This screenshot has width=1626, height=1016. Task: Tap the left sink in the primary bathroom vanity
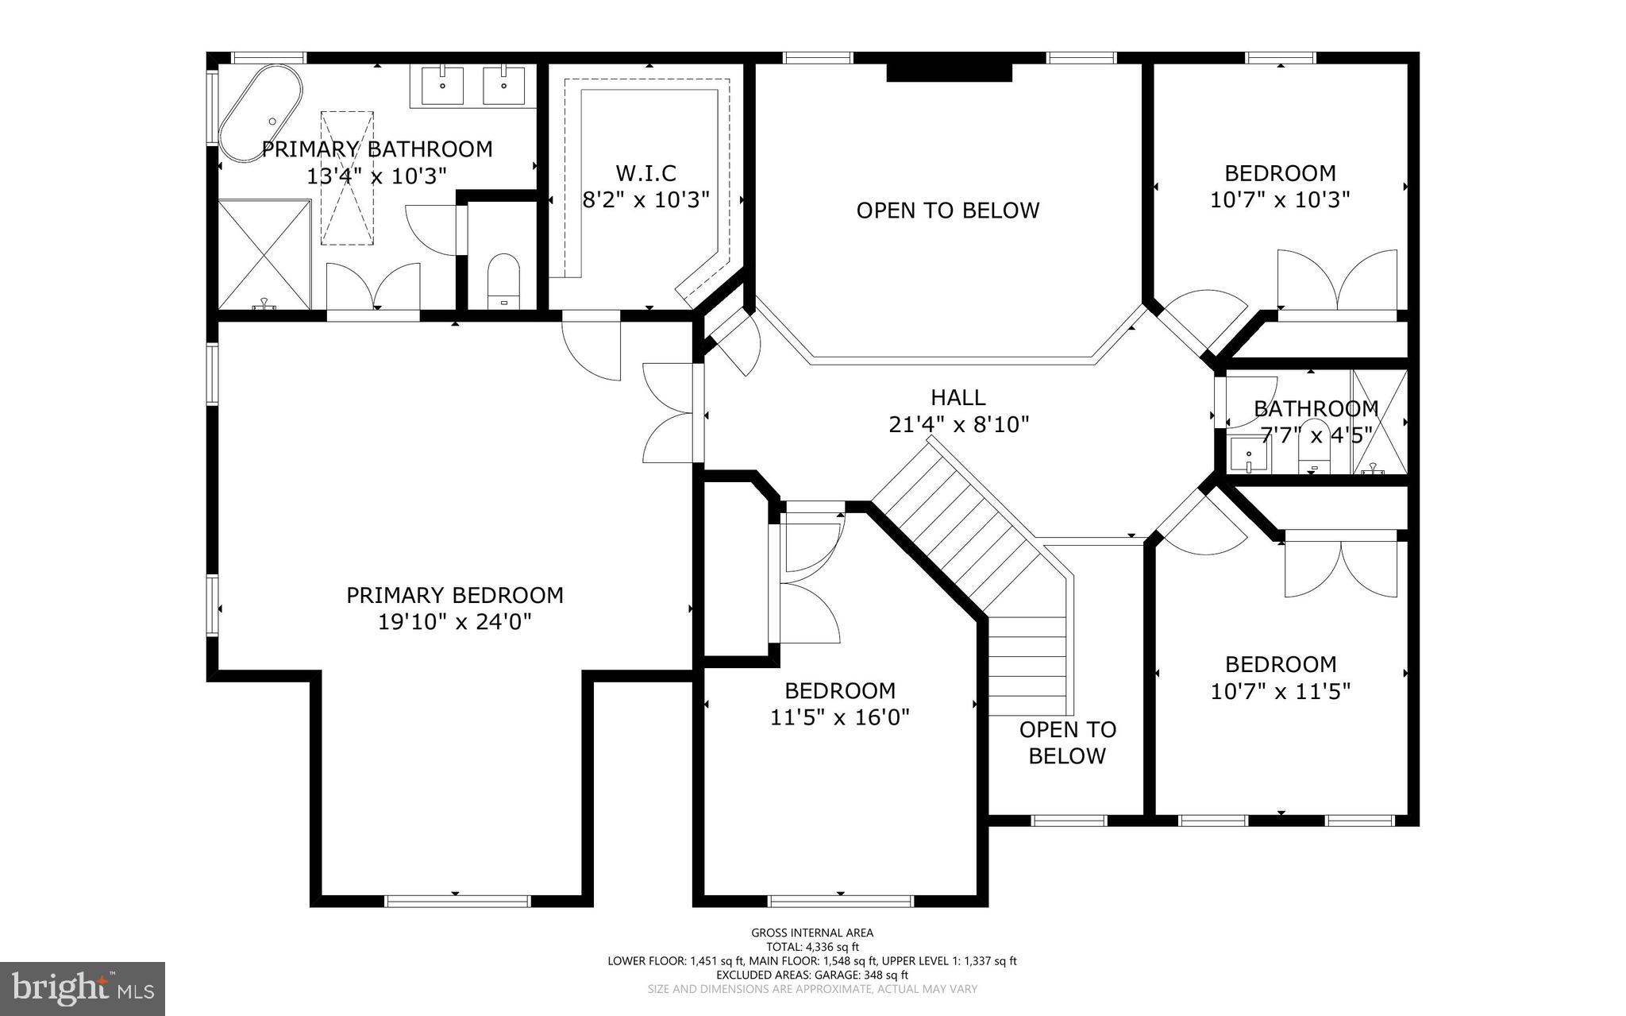pos(442,85)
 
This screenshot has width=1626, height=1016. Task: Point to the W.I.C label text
pos(645,172)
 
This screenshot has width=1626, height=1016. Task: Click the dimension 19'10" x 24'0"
pos(454,621)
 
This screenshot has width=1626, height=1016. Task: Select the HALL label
pos(958,397)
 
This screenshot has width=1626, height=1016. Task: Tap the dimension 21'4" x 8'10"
pos(958,425)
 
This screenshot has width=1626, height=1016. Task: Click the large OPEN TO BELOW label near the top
pos(947,211)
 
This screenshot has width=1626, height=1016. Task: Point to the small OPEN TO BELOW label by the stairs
pos(1067,742)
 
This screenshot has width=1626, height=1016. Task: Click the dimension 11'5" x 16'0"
pos(839,717)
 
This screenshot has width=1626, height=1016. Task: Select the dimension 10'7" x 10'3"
pos(1280,199)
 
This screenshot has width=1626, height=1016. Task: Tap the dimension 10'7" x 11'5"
pos(1280,691)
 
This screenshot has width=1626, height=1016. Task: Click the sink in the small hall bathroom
pos(1249,456)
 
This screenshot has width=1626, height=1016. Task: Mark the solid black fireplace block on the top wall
pos(949,72)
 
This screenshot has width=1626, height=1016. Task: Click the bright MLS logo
pos(83,988)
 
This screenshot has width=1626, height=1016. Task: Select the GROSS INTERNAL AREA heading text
pos(811,933)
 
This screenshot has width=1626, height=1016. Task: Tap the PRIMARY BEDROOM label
pos(454,595)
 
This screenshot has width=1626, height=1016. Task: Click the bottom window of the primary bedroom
pos(457,901)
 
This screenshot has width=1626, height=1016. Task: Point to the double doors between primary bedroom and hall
pos(671,413)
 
